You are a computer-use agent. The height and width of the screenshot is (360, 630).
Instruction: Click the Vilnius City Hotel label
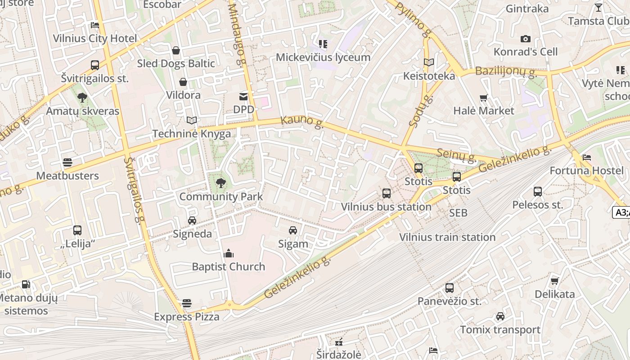pyautogui.click(x=95, y=38)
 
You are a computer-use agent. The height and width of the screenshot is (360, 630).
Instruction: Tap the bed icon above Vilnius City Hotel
pyautogui.click(x=95, y=25)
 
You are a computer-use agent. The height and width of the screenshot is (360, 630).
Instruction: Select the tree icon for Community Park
pyautogui.click(x=220, y=183)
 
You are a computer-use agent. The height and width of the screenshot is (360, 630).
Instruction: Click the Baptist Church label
pyautogui.click(x=229, y=266)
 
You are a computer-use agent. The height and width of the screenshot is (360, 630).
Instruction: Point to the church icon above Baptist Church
pyautogui.click(x=229, y=253)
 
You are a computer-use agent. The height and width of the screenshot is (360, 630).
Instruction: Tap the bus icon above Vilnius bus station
pyautogui.click(x=386, y=193)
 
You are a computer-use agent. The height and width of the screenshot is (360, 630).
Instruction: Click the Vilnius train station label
pyautogui.click(x=447, y=237)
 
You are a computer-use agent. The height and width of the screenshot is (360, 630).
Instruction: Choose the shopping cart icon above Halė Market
pyautogui.click(x=484, y=98)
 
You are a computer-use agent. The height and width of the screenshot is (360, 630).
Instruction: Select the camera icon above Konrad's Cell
pyautogui.click(x=525, y=39)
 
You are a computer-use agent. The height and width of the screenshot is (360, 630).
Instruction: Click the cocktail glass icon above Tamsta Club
pyautogui.click(x=598, y=8)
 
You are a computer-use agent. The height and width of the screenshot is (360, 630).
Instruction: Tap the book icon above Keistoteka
pyautogui.click(x=429, y=63)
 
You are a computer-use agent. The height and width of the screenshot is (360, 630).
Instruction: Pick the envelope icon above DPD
pyautogui.click(x=243, y=96)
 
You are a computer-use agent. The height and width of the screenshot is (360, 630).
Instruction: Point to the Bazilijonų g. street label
pyautogui.click(x=505, y=71)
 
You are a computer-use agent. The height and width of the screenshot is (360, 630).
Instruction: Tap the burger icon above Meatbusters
pyautogui.click(x=67, y=162)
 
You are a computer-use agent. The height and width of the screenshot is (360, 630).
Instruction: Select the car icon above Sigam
pyautogui.click(x=293, y=230)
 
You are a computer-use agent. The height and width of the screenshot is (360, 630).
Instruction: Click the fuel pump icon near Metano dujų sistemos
pyautogui.click(x=26, y=284)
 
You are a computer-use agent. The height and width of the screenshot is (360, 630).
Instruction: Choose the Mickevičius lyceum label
pyautogui.click(x=323, y=57)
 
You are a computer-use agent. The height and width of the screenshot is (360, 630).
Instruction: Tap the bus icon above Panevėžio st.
pyautogui.click(x=449, y=288)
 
